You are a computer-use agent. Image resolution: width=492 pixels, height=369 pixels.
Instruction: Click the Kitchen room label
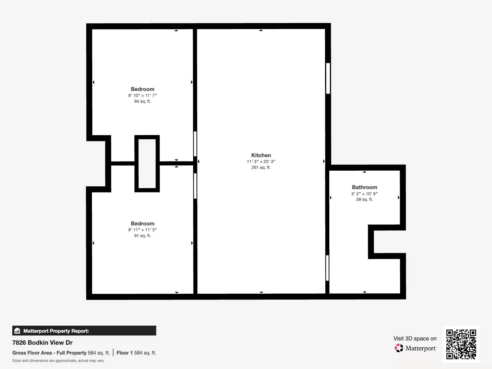[261, 155]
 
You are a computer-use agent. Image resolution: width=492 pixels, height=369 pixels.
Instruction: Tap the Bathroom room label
[364, 187]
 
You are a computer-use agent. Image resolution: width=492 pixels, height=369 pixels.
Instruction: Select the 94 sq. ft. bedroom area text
[142, 101]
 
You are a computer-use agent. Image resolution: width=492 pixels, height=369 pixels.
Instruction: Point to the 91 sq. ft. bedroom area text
[142, 236]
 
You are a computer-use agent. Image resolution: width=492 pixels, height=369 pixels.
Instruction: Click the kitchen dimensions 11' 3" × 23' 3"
[261, 161]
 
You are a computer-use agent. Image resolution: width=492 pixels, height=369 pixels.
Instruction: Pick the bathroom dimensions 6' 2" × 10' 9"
[364, 194]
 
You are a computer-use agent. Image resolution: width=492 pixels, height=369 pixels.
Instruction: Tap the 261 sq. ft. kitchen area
[261, 167]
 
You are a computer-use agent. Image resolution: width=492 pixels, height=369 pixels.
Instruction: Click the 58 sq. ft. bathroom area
[364, 199]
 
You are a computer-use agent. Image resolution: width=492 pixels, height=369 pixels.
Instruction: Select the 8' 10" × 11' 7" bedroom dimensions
[142, 95]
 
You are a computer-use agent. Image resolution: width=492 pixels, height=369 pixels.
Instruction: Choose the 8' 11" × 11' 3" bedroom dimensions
[142, 230]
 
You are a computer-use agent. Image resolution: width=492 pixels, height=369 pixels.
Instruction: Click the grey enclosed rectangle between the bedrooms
[147, 163]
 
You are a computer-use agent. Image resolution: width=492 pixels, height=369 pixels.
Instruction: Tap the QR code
[461, 344]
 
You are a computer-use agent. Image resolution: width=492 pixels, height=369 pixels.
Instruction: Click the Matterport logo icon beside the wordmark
[399, 348]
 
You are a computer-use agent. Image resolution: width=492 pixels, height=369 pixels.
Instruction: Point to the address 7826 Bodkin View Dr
[42, 343]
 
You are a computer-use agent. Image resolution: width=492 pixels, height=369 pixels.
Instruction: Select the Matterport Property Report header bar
[84, 331]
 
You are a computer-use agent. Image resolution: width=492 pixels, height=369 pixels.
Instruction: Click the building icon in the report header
[17, 331]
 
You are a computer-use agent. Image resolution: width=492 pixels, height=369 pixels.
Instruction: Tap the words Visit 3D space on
[415, 339]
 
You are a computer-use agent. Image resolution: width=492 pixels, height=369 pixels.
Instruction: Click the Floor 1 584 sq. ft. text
[136, 353]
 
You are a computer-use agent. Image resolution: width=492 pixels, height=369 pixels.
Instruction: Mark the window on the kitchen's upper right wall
[328, 78]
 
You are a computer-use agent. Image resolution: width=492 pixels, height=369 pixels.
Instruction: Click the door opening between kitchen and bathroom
[327, 268]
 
